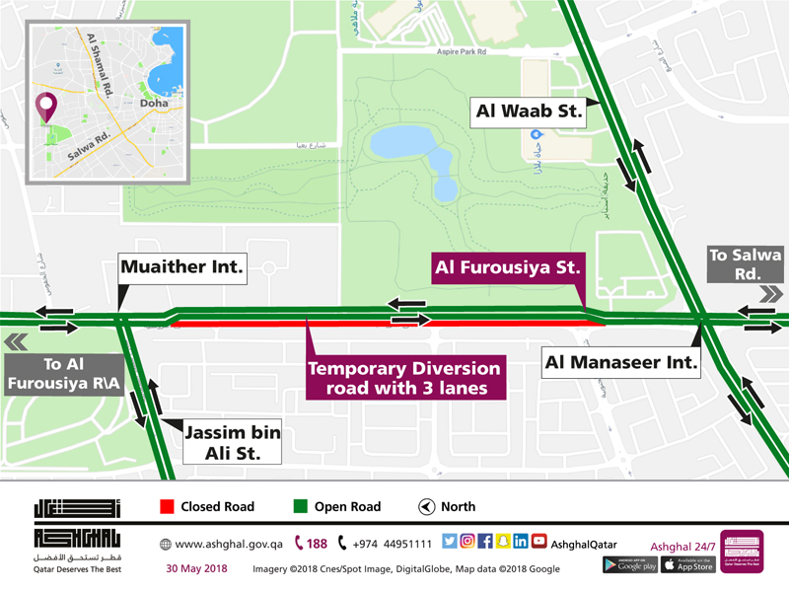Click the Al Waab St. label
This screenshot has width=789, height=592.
pyautogui.click(x=529, y=111)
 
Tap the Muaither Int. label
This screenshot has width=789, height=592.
pyautogui.click(x=181, y=267)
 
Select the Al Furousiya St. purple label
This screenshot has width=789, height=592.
pyautogui.click(x=505, y=266)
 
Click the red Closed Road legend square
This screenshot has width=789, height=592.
pyautogui.click(x=167, y=507)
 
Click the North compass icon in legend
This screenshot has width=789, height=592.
pyautogui.click(x=426, y=507)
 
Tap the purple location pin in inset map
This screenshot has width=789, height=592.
pyautogui.click(x=44, y=107)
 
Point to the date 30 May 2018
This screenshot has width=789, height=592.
pyautogui.click(x=195, y=567)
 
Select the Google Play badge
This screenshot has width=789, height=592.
pyautogui.click(x=629, y=564)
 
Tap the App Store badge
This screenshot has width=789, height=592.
pyautogui.click(x=687, y=564)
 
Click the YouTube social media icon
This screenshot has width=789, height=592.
pyautogui.click(x=538, y=541)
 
